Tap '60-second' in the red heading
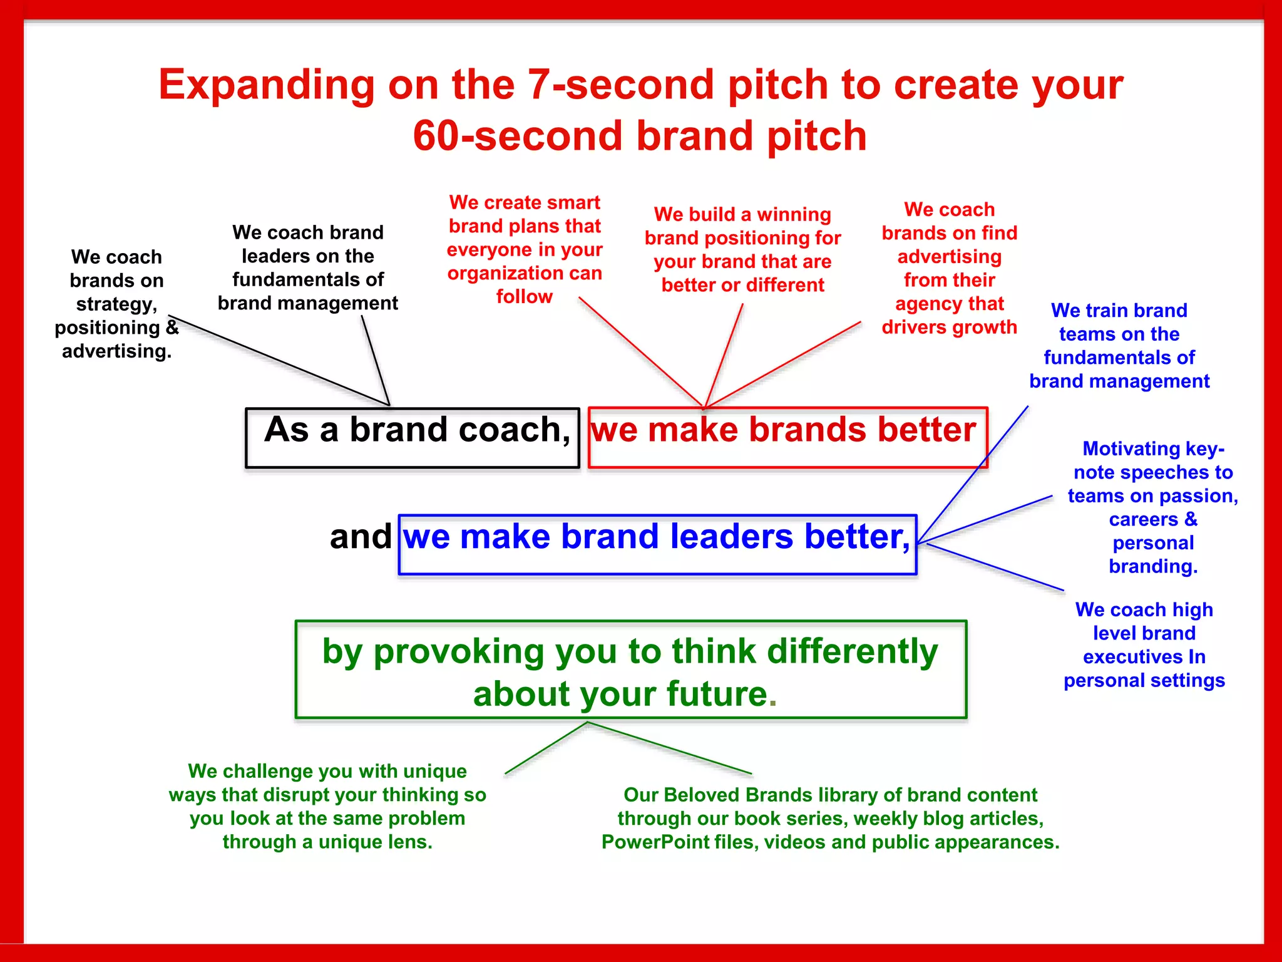[x=517, y=137]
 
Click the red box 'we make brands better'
[x=787, y=437]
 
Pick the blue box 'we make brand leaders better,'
[x=657, y=544]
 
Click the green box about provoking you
[x=630, y=670]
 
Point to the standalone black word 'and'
[x=360, y=537]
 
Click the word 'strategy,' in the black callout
[x=116, y=304]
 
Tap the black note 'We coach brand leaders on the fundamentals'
[x=307, y=267]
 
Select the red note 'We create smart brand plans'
[x=525, y=249]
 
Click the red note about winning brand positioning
[x=742, y=249]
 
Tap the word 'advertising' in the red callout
[x=949, y=257]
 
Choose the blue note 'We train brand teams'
[x=1119, y=346]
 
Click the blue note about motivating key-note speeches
[x=1152, y=507]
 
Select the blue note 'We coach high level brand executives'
[x=1144, y=645]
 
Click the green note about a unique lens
[x=327, y=806]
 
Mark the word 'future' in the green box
[x=716, y=694]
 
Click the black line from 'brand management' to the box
[x=376, y=361]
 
